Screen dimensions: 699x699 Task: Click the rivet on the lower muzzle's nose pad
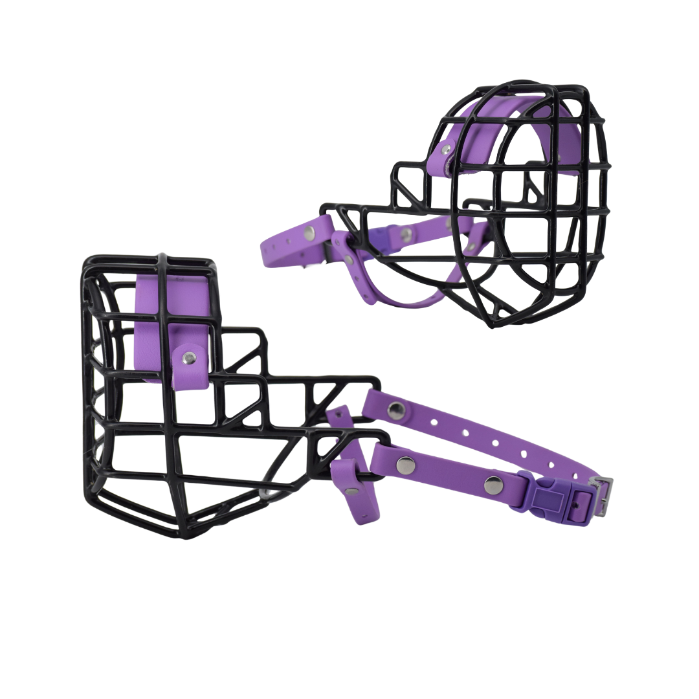[x=188, y=357]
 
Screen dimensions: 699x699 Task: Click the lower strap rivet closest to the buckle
[x=493, y=482]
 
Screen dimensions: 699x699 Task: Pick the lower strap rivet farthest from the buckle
[x=405, y=463]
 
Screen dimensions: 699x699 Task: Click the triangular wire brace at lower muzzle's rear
[x=324, y=395]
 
